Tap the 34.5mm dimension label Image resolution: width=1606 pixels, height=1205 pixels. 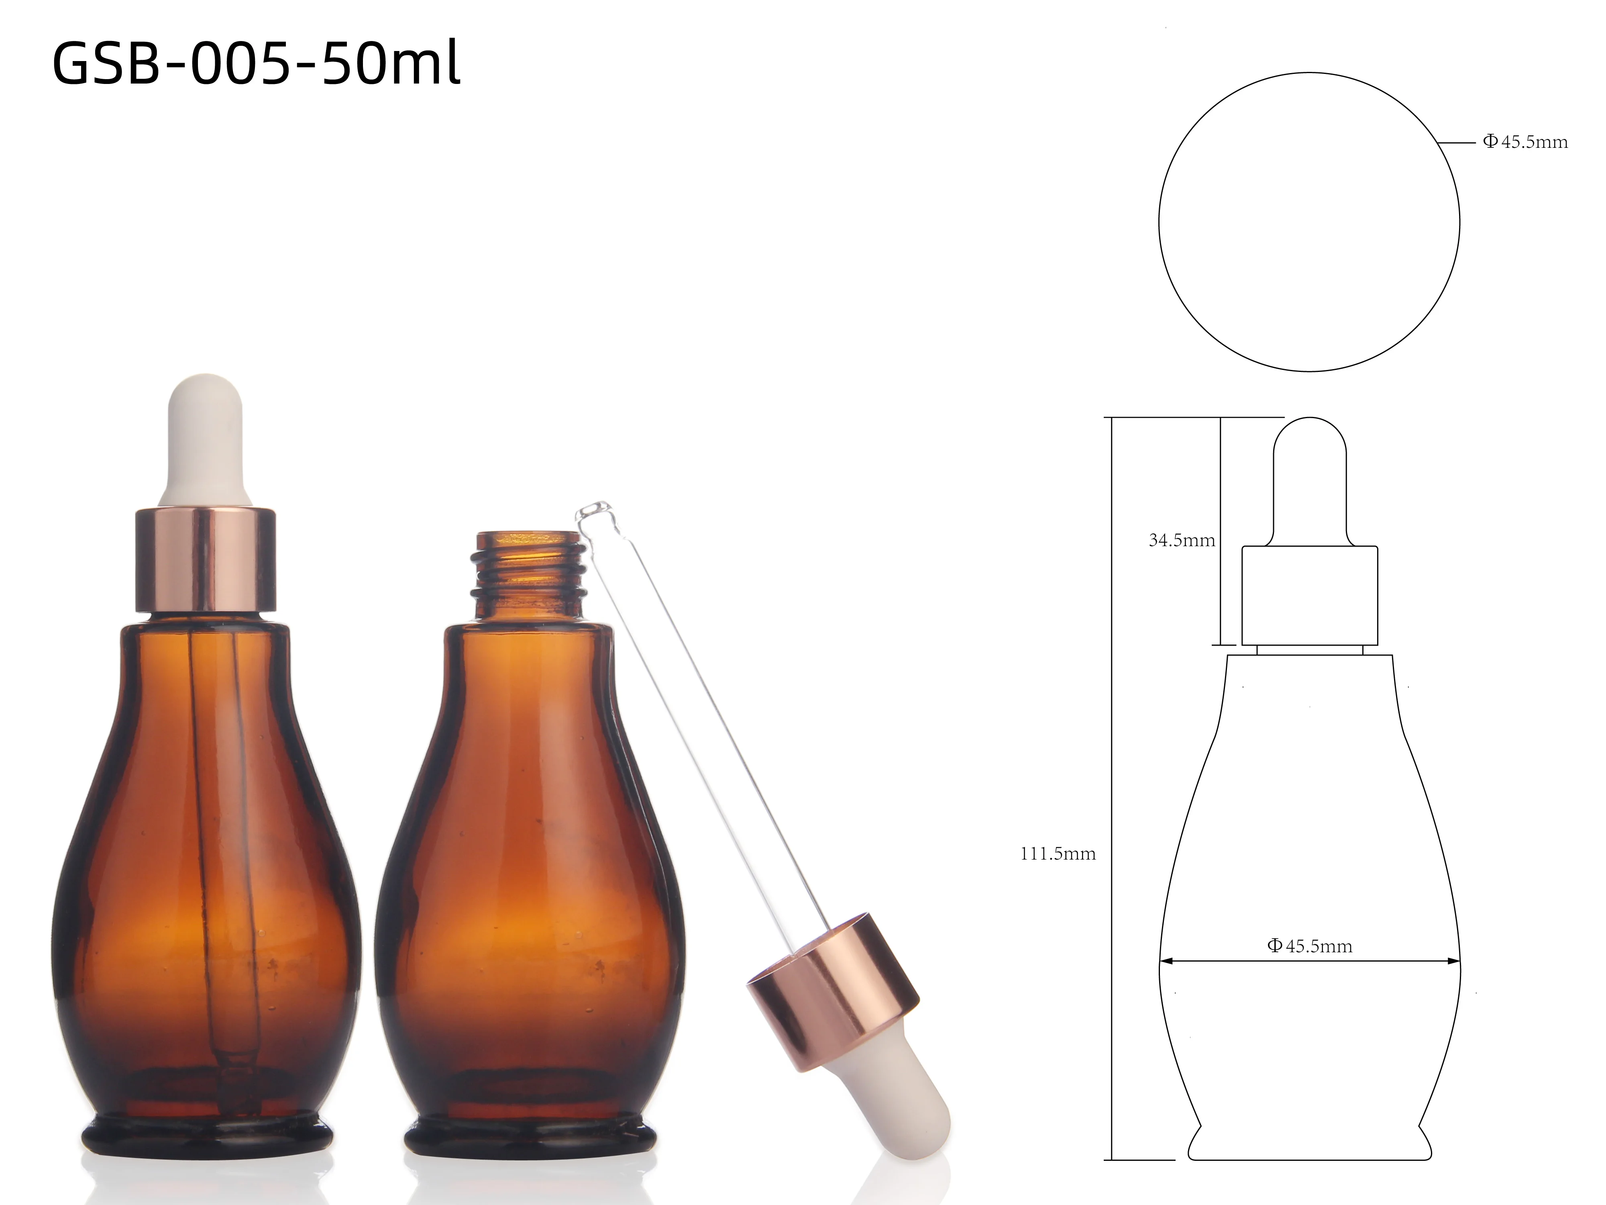[x=1181, y=540]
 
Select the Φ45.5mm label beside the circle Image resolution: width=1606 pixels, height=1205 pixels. [x=1524, y=142]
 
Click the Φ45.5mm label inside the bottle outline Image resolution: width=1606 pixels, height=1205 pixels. [x=1310, y=946]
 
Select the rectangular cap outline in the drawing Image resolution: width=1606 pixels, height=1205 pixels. [x=1310, y=594]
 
